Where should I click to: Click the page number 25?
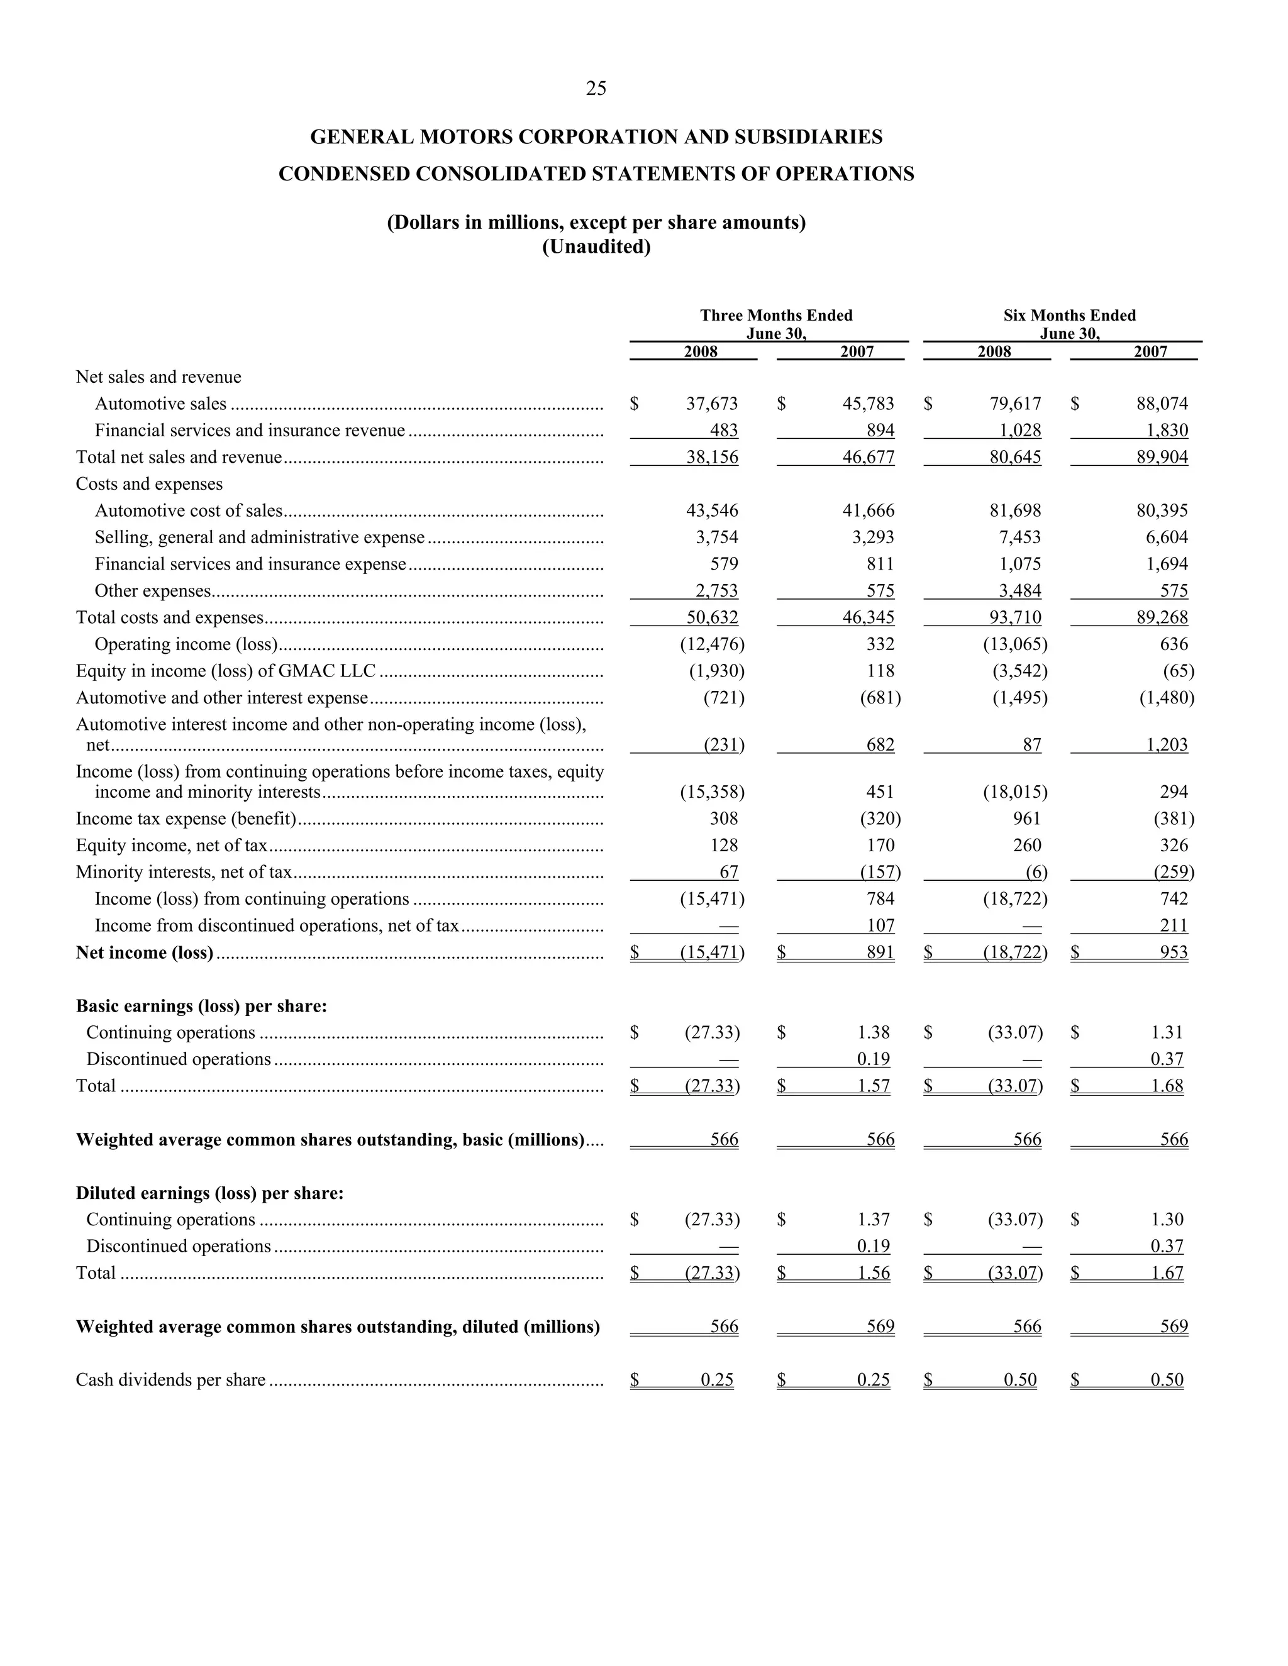pos(596,89)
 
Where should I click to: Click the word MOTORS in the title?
pos(465,137)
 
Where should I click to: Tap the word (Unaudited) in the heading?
pos(596,247)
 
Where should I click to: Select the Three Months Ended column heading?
pos(776,316)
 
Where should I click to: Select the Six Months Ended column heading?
pos(1069,316)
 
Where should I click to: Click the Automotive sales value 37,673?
pos(712,404)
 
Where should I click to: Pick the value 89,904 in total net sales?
pos(1162,457)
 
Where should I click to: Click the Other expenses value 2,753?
pos(716,590)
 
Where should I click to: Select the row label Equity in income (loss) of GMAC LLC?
pos(226,671)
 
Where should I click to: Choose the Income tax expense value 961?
pos(1026,819)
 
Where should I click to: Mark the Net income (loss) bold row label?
pos(144,952)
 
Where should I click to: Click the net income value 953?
pos(1174,952)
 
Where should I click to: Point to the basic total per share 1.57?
pos(874,1086)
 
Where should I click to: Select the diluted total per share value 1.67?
pos(1167,1272)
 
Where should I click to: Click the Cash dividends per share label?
pos(171,1380)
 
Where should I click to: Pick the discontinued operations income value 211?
pos(1174,925)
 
